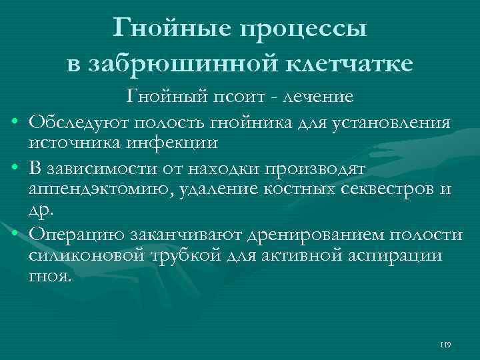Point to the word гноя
[x=49, y=276]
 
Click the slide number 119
[x=446, y=345]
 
